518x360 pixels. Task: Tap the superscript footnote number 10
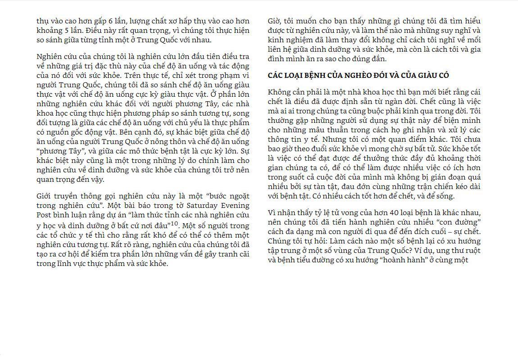tap(174, 224)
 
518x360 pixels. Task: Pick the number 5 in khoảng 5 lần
tap(70, 30)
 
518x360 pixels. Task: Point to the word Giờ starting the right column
tap(274, 21)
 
